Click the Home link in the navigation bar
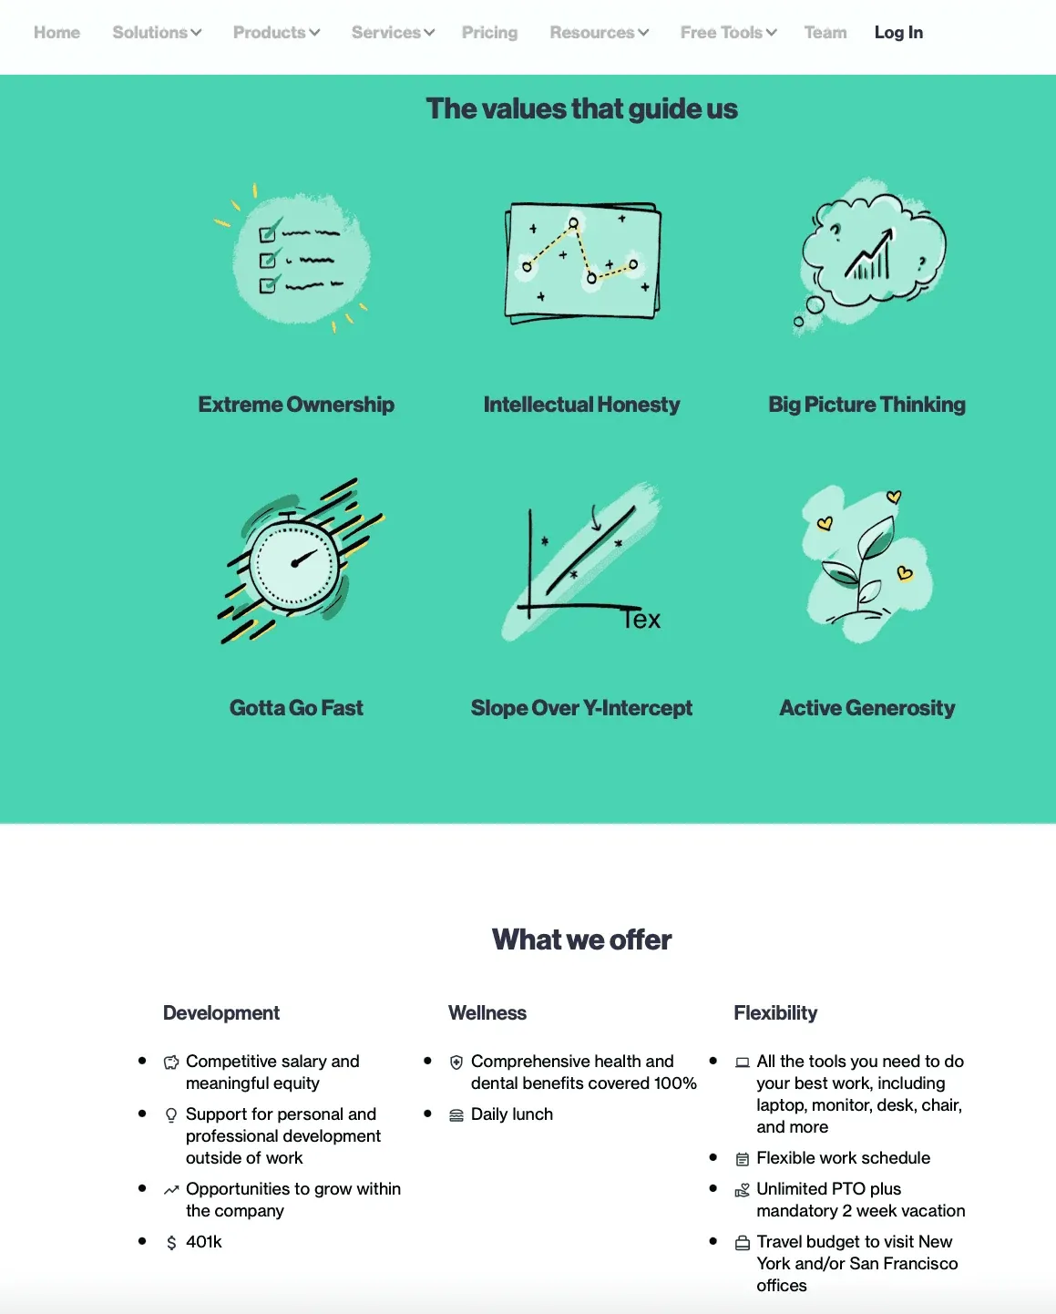56,33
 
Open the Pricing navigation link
489,33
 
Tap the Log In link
898,33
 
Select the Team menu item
825,33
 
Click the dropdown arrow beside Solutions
196,33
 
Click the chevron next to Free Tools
772,33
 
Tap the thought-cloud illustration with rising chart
870,255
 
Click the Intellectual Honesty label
581,405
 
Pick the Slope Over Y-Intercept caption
581,708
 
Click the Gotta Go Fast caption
296,708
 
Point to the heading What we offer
581,939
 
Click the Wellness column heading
487,1013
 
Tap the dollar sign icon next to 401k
171,1243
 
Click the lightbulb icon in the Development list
171,1115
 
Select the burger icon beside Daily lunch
456,1115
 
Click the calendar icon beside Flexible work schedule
742,1159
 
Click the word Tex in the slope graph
641,619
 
